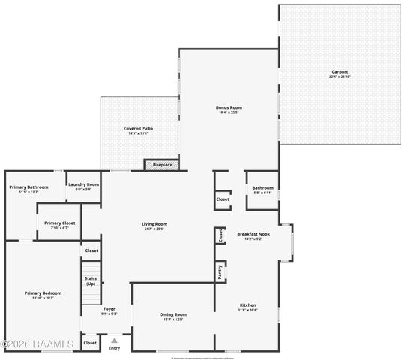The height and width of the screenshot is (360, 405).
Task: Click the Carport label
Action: (340, 72)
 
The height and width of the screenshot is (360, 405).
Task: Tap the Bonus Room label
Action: (229, 107)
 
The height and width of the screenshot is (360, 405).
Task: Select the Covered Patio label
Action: (139, 129)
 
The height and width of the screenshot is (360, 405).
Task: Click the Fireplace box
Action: (162, 165)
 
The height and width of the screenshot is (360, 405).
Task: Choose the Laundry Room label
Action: (82, 184)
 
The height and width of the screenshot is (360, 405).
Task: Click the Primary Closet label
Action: (59, 223)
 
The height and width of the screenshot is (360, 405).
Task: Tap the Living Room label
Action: (154, 224)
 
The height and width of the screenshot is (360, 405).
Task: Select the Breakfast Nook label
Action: (253, 234)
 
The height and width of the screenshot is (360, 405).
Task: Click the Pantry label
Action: (219, 271)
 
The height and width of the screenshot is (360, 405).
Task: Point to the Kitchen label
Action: (247, 305)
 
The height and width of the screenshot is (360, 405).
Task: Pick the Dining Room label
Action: (173, 314)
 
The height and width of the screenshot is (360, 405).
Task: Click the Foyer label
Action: (109, 309)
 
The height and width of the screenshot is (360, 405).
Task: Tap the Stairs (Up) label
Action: (90, 280)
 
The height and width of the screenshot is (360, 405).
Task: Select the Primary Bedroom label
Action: (43, 293)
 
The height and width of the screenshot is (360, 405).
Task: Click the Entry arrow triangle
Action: (114, 340)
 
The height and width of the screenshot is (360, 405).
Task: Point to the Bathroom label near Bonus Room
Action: (262, 188)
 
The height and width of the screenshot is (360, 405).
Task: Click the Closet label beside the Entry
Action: (90, 343)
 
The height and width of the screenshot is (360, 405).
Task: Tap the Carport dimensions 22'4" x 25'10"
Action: (340, 77)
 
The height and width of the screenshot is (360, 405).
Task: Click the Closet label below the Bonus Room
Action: (223, 199)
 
